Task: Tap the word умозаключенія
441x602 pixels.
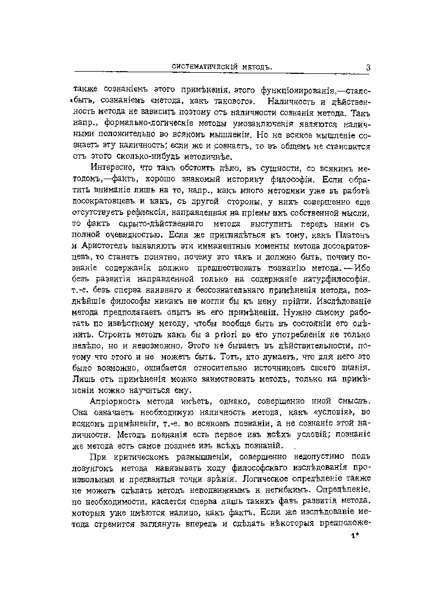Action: pos(272,126)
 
